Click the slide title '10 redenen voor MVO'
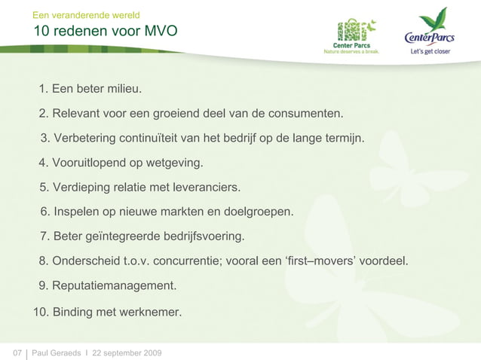[x=105, y=31]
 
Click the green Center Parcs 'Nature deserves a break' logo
[x=351, y=35]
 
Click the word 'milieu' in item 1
[x=123, y=90]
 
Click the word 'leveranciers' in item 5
[x=207, y=187]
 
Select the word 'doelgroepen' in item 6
[x=259, y=212]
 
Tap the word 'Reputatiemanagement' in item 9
[x=114, y=286]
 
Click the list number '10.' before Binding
[x=41, y=311]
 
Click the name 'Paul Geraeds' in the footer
[x=57, y=352]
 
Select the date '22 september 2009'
[x=126, y=352]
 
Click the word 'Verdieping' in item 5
[x=81, y=187]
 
